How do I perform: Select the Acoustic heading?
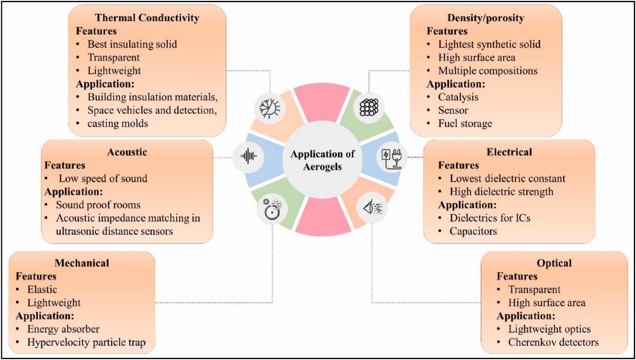127,152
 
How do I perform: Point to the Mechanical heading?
82,263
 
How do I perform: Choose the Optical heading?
555,263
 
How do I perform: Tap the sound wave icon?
249,156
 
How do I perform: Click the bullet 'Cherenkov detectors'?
553,342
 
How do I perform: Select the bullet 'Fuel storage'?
465,123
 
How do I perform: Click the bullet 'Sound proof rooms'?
98,205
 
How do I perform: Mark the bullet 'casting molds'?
117,123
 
